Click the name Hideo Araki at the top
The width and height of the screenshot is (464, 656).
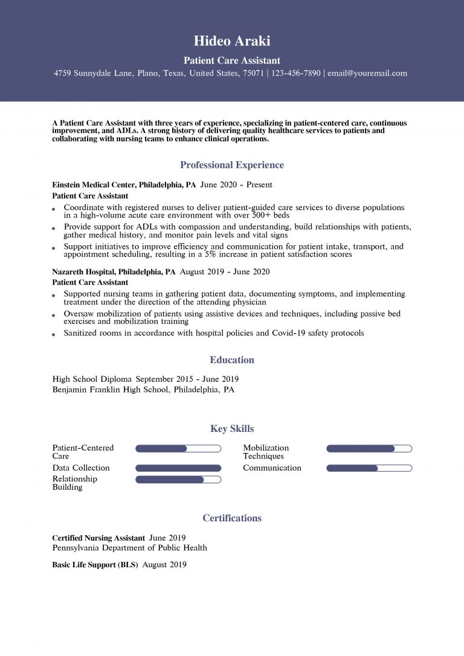[x=232, y=41]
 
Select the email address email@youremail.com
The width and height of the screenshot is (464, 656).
[x=367, y=73]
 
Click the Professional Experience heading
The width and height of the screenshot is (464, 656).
[x=232, y=165]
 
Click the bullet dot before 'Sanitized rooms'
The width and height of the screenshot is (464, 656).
[x=54, y=334]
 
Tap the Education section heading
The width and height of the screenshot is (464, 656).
[x=232, y=360]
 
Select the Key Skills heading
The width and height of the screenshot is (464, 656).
[x=232, y=429]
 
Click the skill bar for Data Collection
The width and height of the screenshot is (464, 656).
[x=178, y=468]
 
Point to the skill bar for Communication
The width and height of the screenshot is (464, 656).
[x=369, y=468]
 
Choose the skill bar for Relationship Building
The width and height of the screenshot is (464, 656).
[x=178, y=480]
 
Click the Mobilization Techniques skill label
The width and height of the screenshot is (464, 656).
[x=266, y=452]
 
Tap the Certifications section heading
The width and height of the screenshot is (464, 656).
[x=232, y=518]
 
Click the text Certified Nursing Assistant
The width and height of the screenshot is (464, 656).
[x=98, y=538]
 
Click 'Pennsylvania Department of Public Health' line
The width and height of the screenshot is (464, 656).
[x=129, y=548]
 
